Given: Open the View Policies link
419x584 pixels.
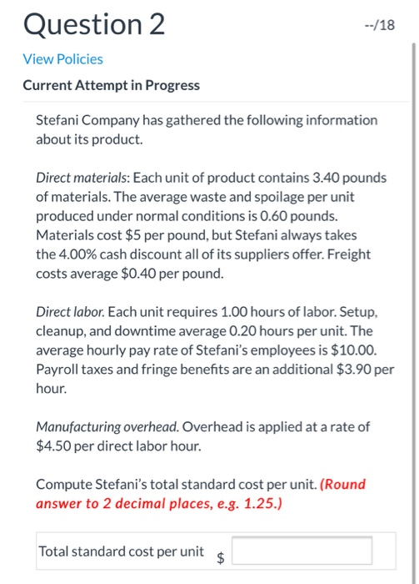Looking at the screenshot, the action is tap(62, 58).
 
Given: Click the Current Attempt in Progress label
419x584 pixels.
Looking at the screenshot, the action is tap(111, 85).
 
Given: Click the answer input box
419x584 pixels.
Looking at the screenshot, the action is tap(302, 551).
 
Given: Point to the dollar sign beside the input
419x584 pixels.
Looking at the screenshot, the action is tap(221, 559).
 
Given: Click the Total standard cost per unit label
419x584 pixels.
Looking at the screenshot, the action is tap(121, 551).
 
